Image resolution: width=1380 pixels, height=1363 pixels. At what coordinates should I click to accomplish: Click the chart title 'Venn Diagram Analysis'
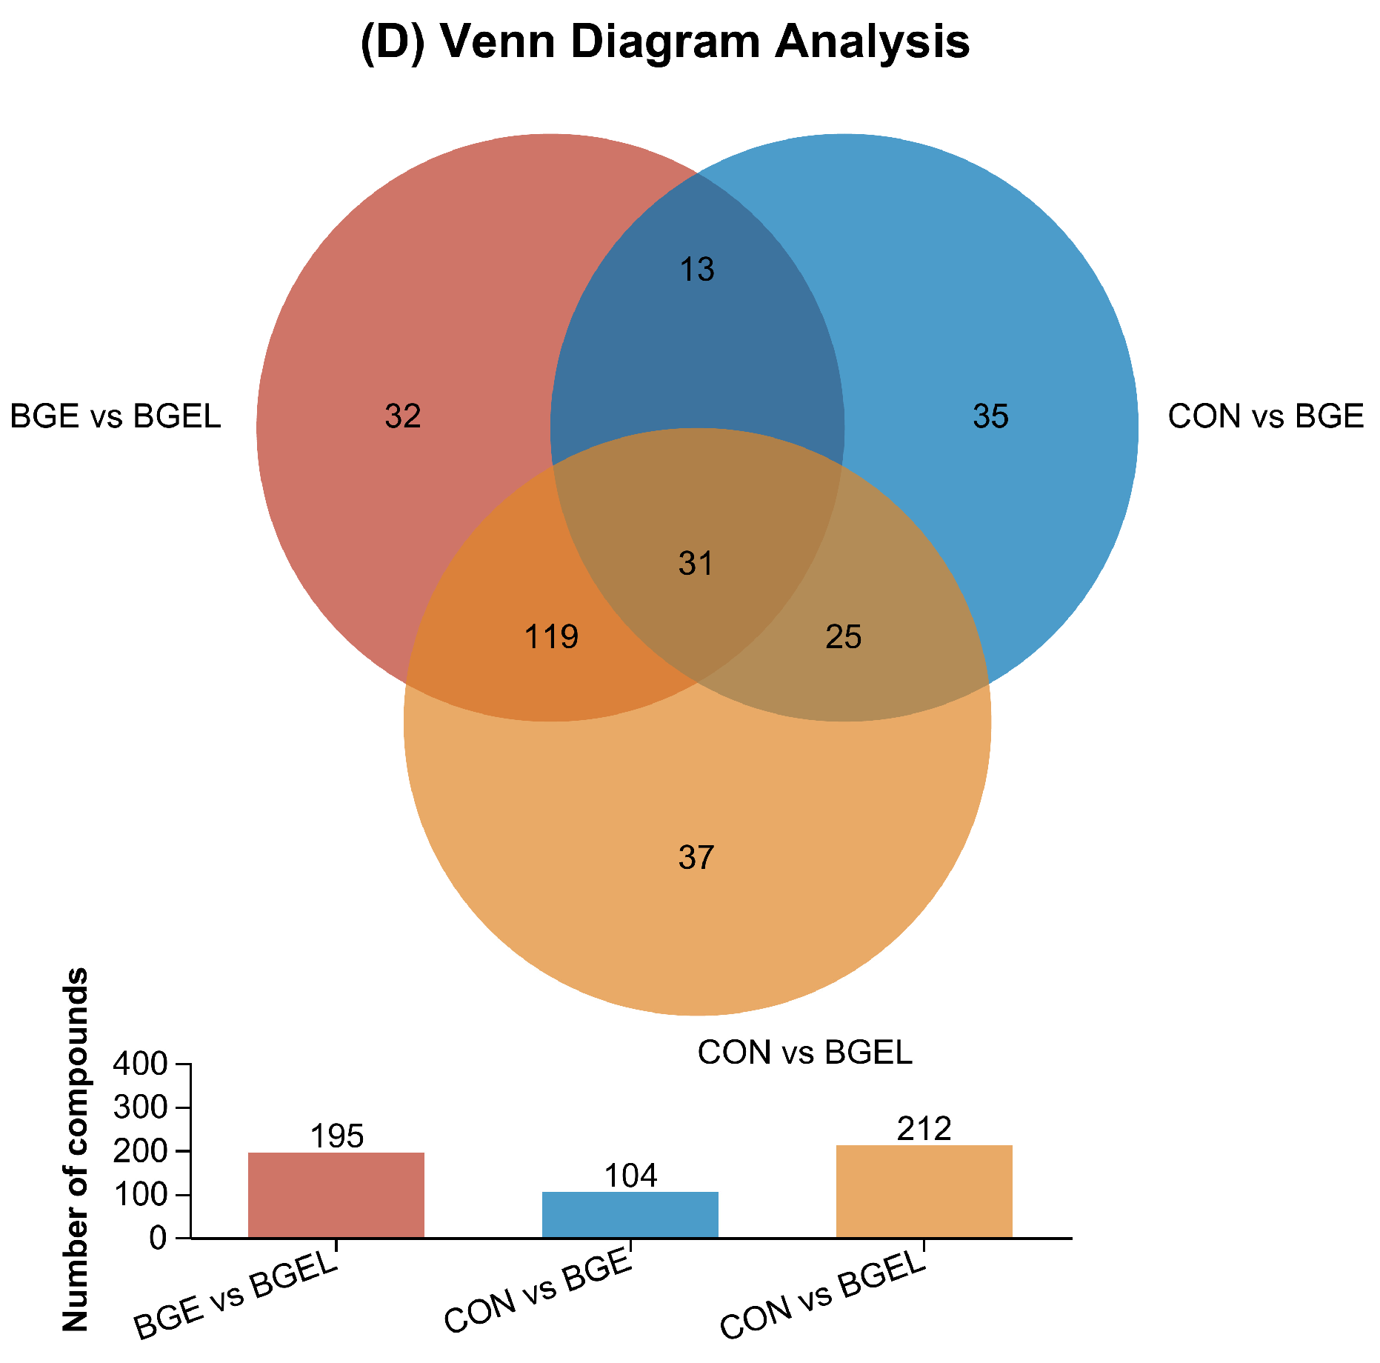(x=664, y=42)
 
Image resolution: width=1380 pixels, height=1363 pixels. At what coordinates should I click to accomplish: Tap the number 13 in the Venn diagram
(x=697, y=270)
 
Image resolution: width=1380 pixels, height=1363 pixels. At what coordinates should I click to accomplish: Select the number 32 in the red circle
(x=403, y=416)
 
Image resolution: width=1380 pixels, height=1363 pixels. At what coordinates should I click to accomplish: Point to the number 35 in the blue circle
(x=990, y=416)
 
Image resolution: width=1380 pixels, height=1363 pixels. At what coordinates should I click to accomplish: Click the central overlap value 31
(x=696, y=564)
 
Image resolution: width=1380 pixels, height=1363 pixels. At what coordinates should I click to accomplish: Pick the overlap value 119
(x=551, y=637)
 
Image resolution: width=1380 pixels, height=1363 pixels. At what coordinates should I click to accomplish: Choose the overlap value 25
(x=844, y=637)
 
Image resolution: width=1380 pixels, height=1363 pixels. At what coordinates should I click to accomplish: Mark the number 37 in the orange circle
(x=696, y=858)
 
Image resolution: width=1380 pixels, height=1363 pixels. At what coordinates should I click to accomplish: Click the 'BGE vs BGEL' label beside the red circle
(x=116, y=416)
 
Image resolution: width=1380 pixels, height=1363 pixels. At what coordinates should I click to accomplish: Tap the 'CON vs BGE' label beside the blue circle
(x=1265, y=416)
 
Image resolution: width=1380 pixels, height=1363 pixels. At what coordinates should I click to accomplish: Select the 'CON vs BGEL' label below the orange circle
(x=804, y=1053)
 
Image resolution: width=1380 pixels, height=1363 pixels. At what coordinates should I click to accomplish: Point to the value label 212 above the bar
(x=924, y=1129)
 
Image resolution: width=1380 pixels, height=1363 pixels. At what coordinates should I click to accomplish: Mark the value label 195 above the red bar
(x=337, y=1136)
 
